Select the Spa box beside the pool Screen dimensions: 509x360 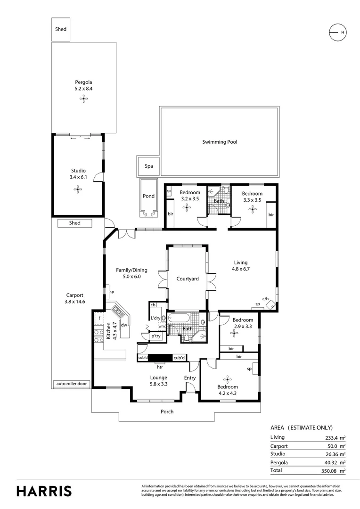tap(148, 166)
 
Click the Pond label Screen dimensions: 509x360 tap(148, 196)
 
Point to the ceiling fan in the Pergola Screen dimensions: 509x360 tap(83, 99)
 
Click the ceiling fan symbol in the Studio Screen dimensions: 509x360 tap(77, 189)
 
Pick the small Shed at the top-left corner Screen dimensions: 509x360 tap(61, 29)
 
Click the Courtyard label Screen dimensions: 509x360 tap(188, 279)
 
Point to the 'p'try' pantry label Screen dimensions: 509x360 tap(156, 336)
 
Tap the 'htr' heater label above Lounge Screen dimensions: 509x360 tap(160, 367)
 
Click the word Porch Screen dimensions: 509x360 tap(167, 411)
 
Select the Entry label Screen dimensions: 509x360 tap(190, 378)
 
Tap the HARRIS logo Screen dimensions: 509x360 tap(44, 491)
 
